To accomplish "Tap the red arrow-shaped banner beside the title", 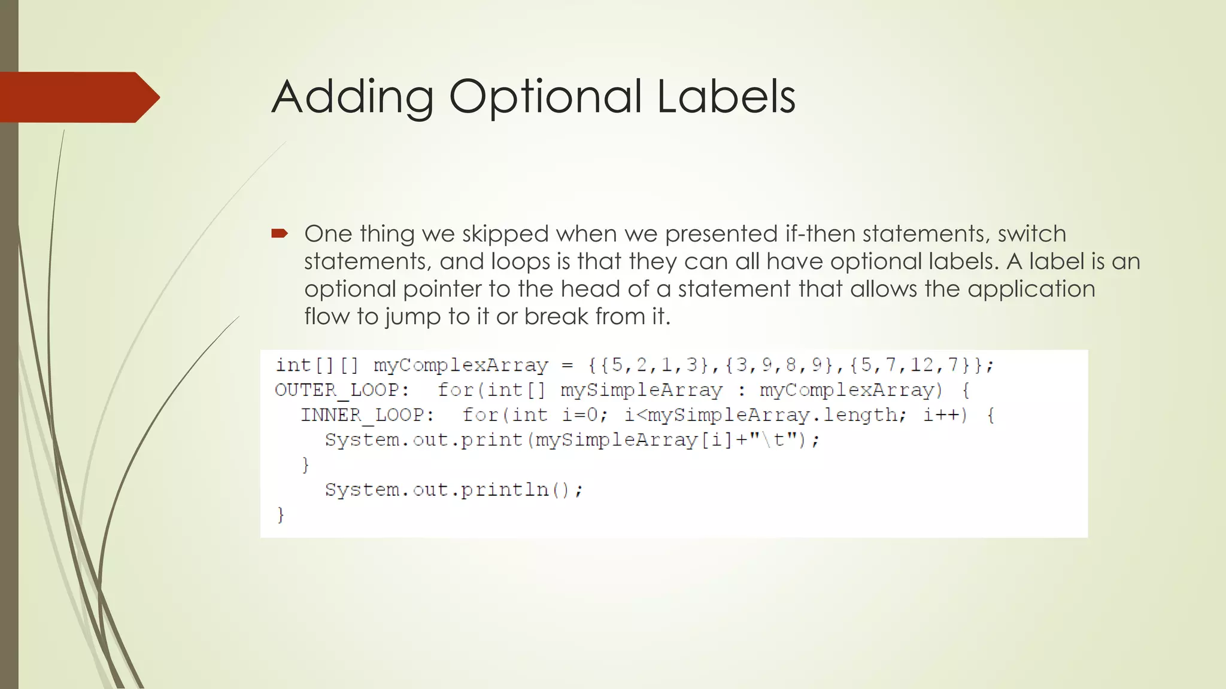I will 78,97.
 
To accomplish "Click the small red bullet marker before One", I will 280,233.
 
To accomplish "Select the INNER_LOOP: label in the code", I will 368,415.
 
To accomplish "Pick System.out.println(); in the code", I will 454,490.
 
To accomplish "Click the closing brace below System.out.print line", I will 305,465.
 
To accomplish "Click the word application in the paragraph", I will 1031,289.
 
